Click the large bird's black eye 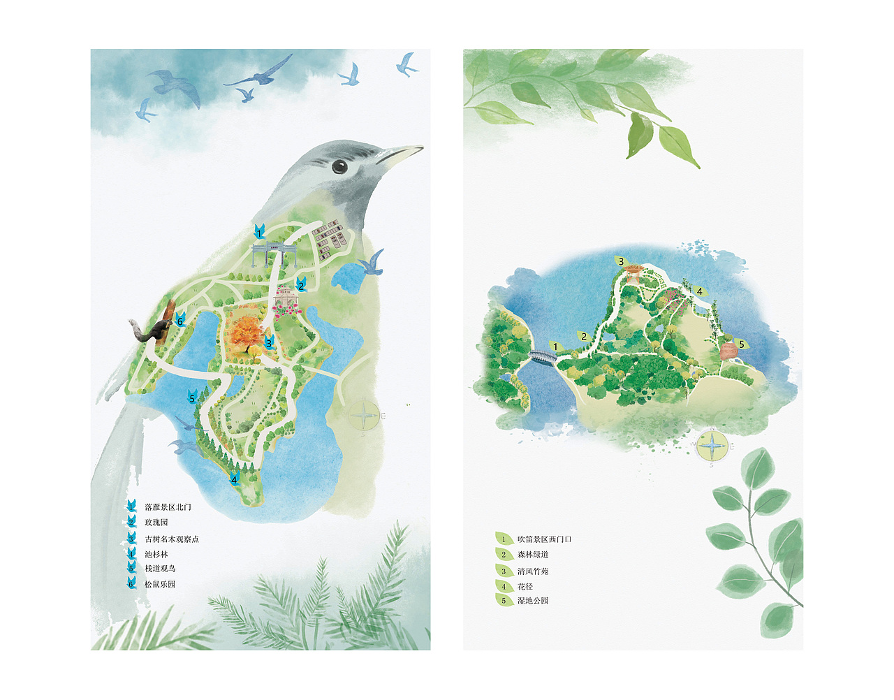coord(339,166)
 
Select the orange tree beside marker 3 coord(247,335)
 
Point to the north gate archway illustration coord(274,254)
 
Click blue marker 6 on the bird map coord(179,321)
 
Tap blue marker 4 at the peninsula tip coord(235,479)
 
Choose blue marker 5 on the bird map coord(192,398)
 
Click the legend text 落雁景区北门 coord(168,507)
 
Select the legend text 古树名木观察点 coord(172,539)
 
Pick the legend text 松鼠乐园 coord(160,584)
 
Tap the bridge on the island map coord(542,357)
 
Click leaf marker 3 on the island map coord(620,262)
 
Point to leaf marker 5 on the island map coord(741,344)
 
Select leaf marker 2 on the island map coord(584,337)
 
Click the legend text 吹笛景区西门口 coord(544,539)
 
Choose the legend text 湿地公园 coord(533,601)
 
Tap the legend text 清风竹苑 coord(533,571)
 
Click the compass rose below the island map coord(712,445)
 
